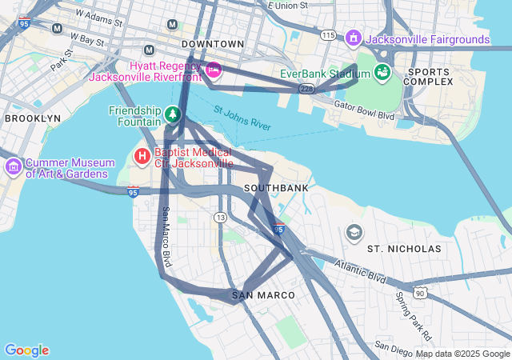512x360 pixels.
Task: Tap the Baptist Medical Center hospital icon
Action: point(142,156)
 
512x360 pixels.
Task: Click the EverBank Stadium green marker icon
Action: point(382,73)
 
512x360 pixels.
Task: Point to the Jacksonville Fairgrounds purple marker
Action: point(353,38)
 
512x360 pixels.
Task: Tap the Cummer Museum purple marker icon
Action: point(14,167)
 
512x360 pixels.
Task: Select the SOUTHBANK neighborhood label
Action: point(276,188)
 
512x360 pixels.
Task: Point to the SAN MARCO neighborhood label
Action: point(263,295)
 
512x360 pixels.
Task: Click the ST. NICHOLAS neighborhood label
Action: point(404,249)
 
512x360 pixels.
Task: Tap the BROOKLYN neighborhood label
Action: point(32,118)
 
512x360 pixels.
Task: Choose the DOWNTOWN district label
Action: point(213,43)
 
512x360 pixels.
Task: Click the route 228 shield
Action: point(306,89)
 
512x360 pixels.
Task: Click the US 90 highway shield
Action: point(418,294)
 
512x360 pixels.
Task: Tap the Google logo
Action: point(26,350)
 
